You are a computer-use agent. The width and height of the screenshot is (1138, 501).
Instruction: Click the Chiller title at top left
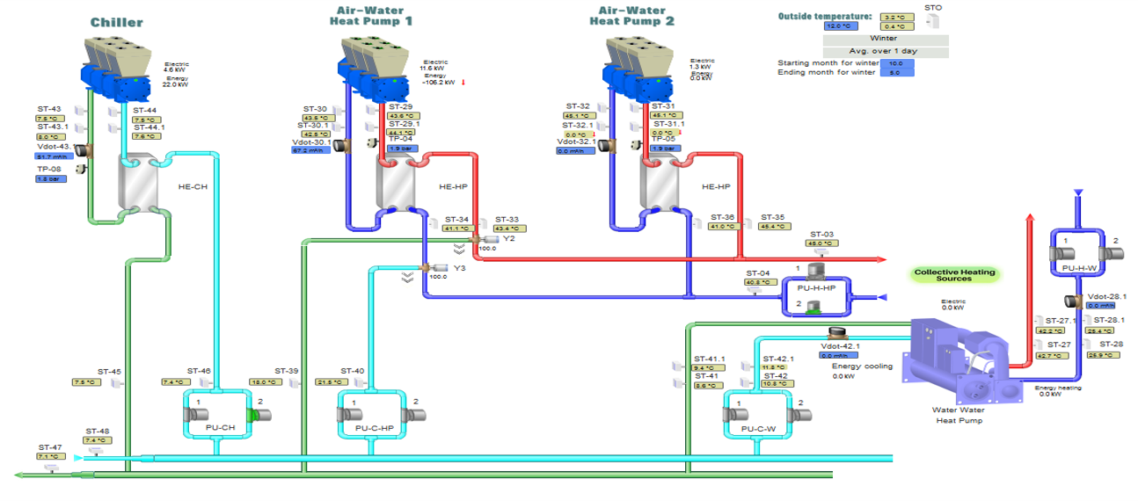[116, 22]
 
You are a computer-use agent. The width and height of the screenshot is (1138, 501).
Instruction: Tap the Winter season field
[885, 39]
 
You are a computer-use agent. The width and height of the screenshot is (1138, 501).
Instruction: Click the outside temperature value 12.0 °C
[841, 27]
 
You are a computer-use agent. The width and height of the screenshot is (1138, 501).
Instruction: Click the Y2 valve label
[508, 238]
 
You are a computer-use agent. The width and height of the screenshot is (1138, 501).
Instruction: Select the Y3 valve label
[459, 268]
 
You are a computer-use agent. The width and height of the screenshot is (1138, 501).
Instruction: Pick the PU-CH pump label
[221, 428]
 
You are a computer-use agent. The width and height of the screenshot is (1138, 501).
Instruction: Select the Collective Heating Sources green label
[954, 275]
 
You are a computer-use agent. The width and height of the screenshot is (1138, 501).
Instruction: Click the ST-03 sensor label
[822, 234]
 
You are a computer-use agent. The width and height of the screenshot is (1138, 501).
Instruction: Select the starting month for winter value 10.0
[895, 63]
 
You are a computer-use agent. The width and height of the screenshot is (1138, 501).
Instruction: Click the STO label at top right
[932, 7]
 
